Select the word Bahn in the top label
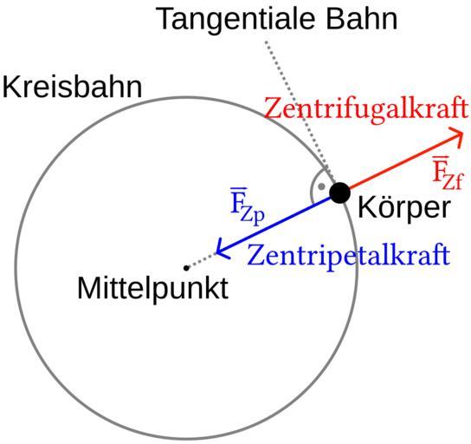[362, 19]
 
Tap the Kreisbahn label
[72, 87]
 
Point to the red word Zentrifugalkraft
[366, 108]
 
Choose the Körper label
[404, 207]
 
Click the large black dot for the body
[340, 193]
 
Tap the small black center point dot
[186, 268]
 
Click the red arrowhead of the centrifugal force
[456, 137]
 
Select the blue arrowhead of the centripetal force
[223, 249]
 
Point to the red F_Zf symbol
[448, 173]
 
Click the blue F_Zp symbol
[247, 206]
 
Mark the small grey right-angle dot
[321, 186]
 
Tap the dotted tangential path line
[300, 111]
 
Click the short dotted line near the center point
[202, 260]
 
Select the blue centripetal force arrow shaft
[274, 225]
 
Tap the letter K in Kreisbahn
[9, 87]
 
